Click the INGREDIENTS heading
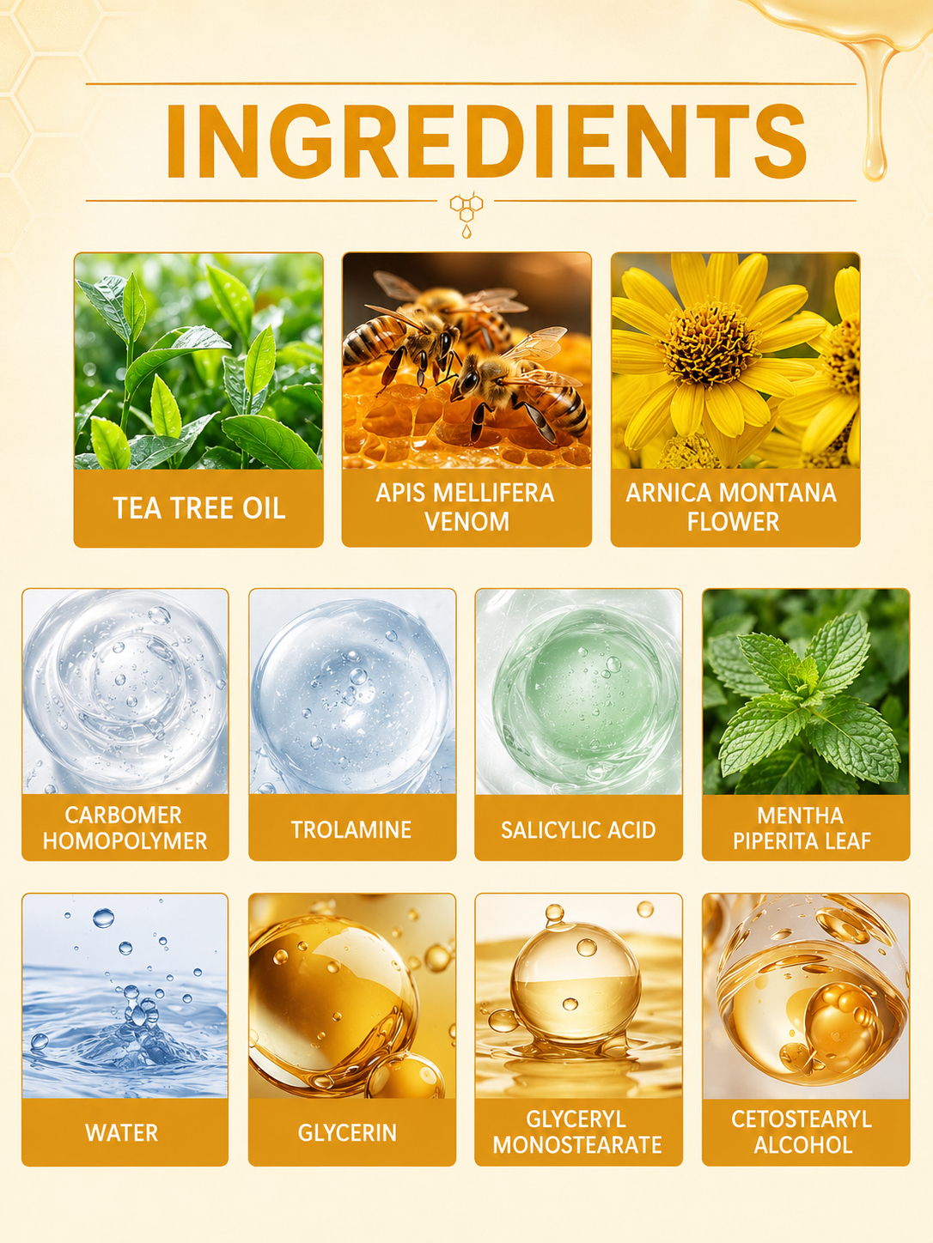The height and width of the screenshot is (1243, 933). [x=485, y=142]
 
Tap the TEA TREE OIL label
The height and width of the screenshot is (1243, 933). [x=198, y=508]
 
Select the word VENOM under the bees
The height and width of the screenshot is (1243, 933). [x=466, y=521]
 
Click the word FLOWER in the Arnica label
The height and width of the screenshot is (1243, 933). [x=733, y=521]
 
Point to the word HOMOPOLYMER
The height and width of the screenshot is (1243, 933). [x=125, y=841]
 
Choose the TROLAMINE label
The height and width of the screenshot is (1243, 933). [x=351, y=829]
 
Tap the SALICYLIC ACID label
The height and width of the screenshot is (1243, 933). [x=578, y=829]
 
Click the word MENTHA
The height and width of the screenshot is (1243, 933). [x=801, y=816]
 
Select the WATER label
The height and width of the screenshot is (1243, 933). [x=122, y=1132]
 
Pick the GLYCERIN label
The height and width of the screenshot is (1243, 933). [x=347, y=1132]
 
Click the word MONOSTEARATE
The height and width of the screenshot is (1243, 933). [x=577, y=1145]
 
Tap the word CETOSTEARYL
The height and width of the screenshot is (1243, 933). [x=801, y=1119]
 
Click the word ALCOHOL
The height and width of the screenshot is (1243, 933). [x=802, y=1145]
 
